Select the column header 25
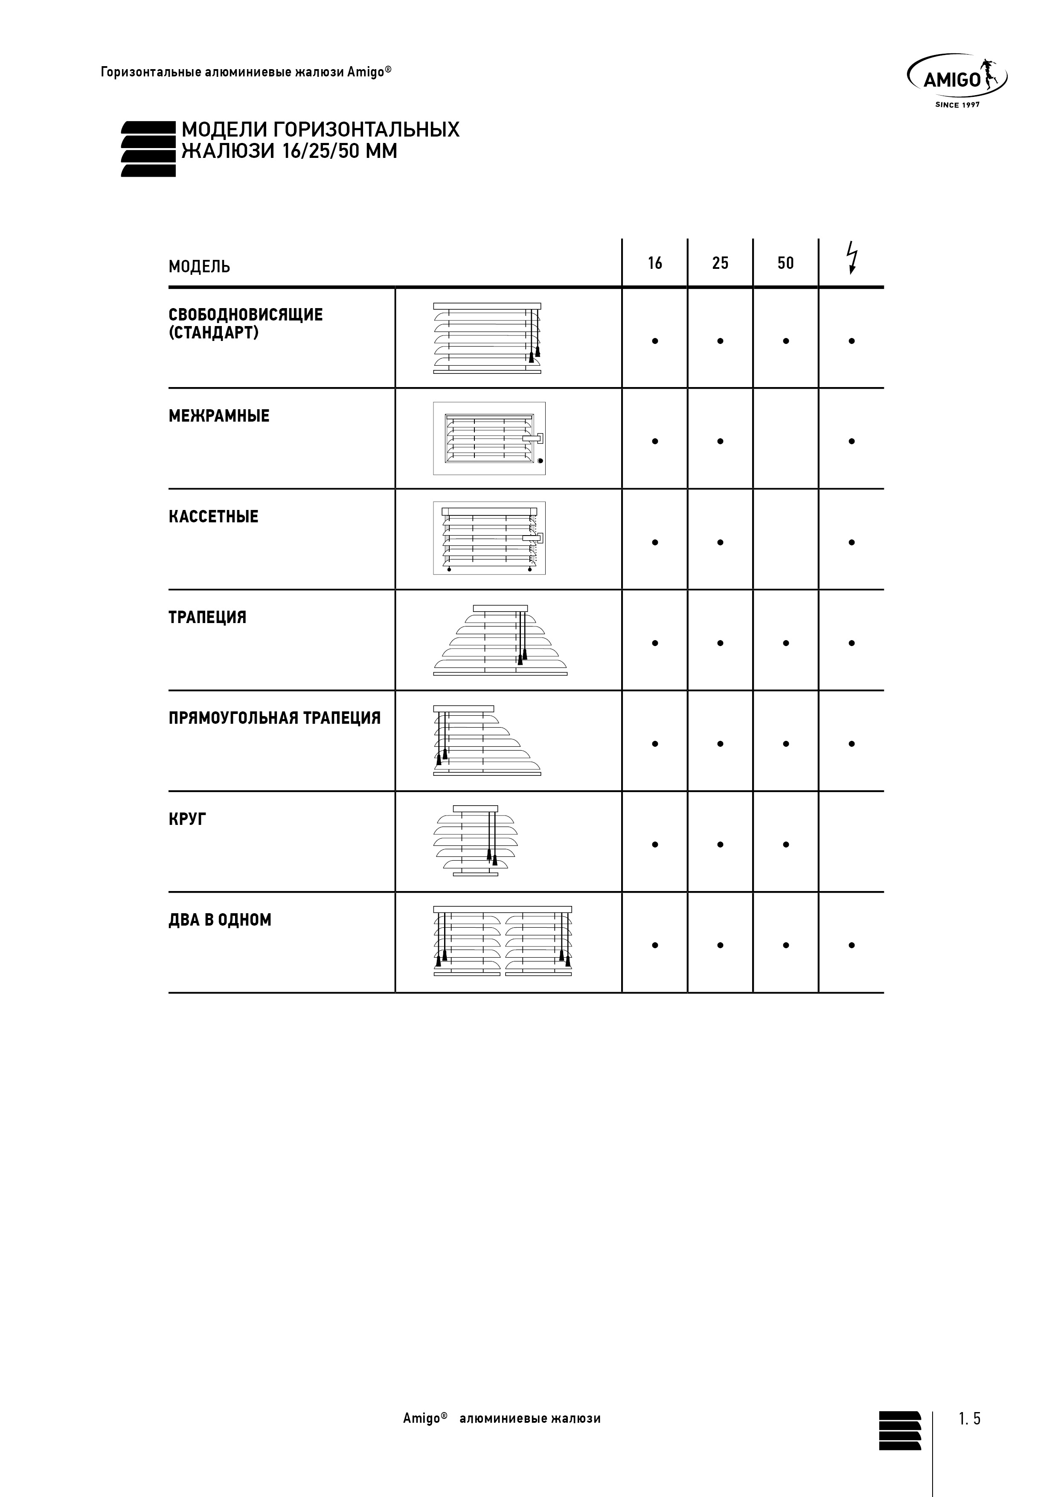(x=720, y=263)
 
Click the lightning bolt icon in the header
(x=852, y=258)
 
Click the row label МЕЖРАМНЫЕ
(x=219, y=416)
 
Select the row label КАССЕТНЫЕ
(x=214, y=517)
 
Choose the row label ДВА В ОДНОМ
(x=220, y=920)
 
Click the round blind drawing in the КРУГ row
(x=476, y=841)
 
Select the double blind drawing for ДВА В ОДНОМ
(x=503, y=941)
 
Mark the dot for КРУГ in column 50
(x=786, y=845)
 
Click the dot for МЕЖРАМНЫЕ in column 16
(x=654, y=441)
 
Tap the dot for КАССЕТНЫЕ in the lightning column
(x=852, y=542)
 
